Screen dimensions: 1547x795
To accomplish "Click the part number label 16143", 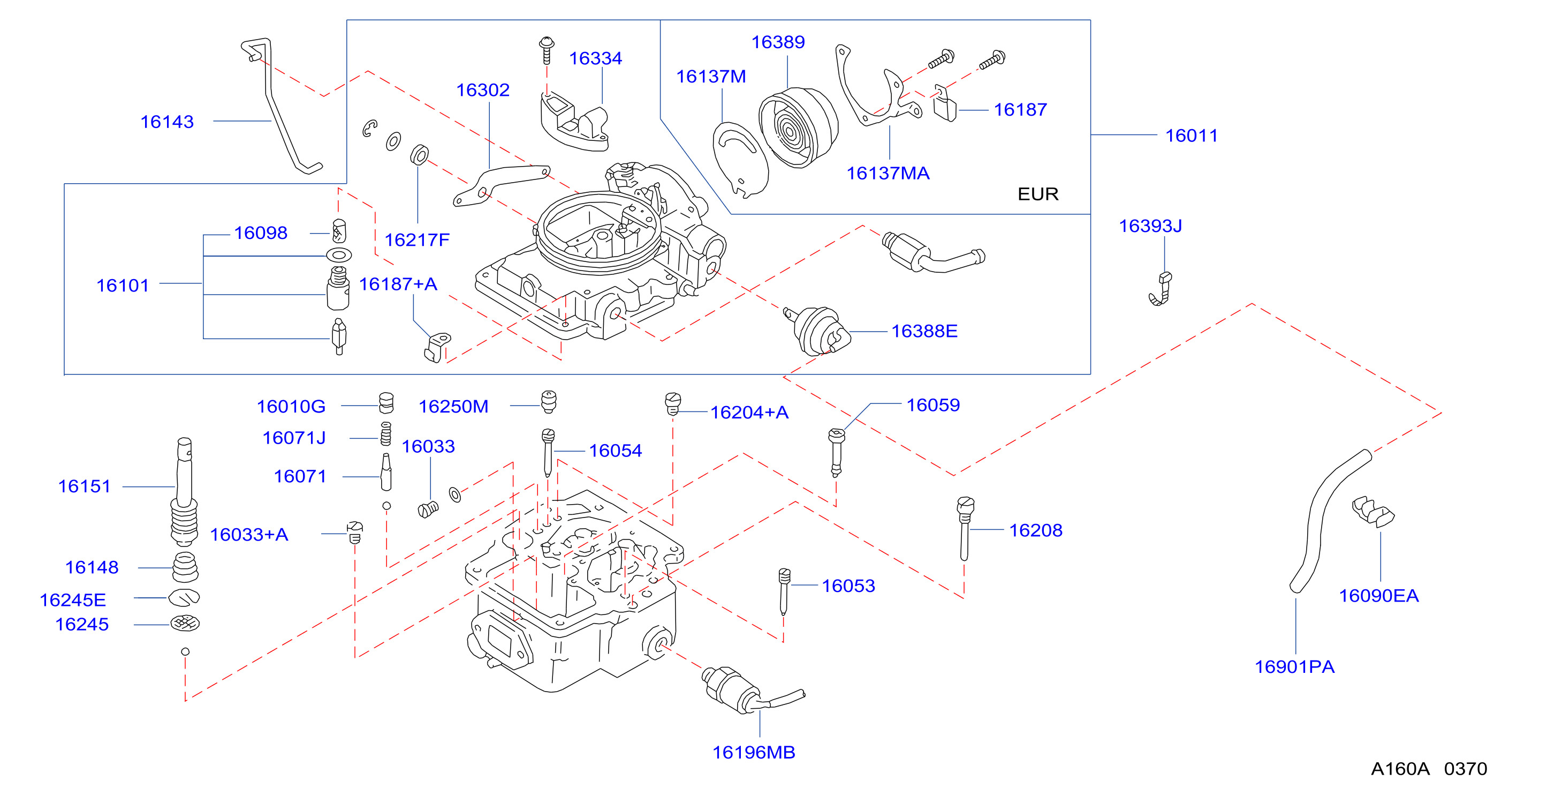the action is (167, 122).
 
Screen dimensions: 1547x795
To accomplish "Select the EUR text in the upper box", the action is (1038, 194).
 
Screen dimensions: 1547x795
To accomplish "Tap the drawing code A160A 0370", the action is (1429, 769).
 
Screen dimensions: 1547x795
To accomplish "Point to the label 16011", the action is (1192, 136).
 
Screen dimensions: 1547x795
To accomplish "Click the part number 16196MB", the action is (754, 752).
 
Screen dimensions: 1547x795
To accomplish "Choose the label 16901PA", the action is (1295, 667).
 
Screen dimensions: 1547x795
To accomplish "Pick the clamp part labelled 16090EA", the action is (1373, 512).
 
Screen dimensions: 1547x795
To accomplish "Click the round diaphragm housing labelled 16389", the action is (798, 127).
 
